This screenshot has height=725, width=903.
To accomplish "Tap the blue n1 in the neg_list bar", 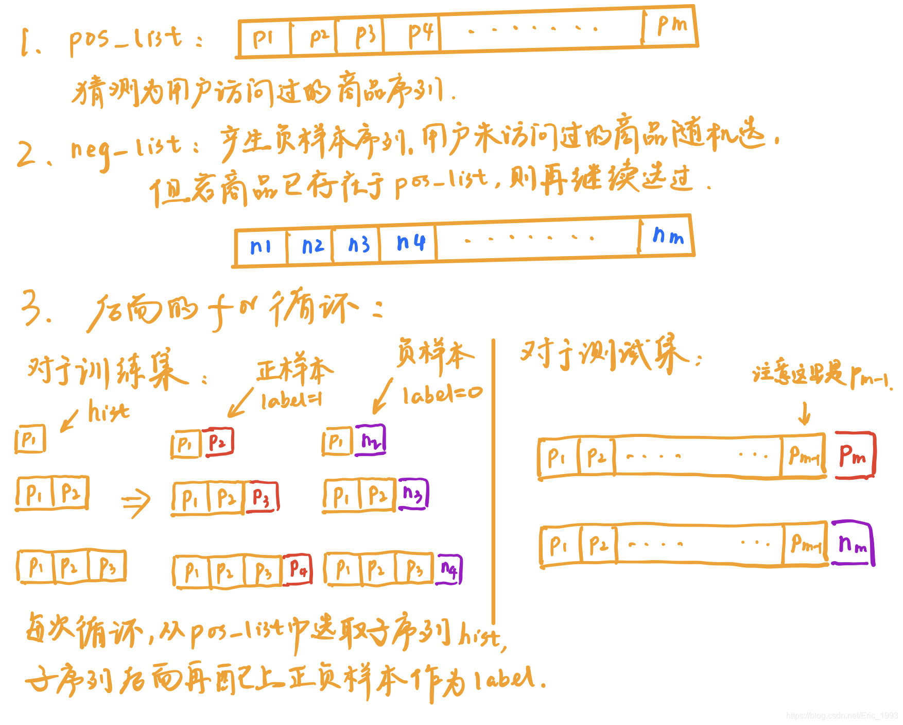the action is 261,247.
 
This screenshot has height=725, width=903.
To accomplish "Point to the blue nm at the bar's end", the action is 668,236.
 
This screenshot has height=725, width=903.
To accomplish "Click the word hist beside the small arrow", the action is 108,412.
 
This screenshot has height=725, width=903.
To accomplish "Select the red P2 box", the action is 218,442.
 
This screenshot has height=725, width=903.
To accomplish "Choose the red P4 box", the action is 298,569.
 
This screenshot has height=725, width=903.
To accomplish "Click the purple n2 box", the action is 370,441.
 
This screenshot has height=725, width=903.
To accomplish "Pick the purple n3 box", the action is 413,494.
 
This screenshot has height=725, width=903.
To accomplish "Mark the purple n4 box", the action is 449,569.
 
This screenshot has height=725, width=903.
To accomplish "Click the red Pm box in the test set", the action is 854,456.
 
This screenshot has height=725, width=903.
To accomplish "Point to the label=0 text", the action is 442,395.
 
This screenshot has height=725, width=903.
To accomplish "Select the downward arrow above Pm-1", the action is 804,413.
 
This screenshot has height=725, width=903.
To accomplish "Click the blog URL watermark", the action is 842,716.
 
